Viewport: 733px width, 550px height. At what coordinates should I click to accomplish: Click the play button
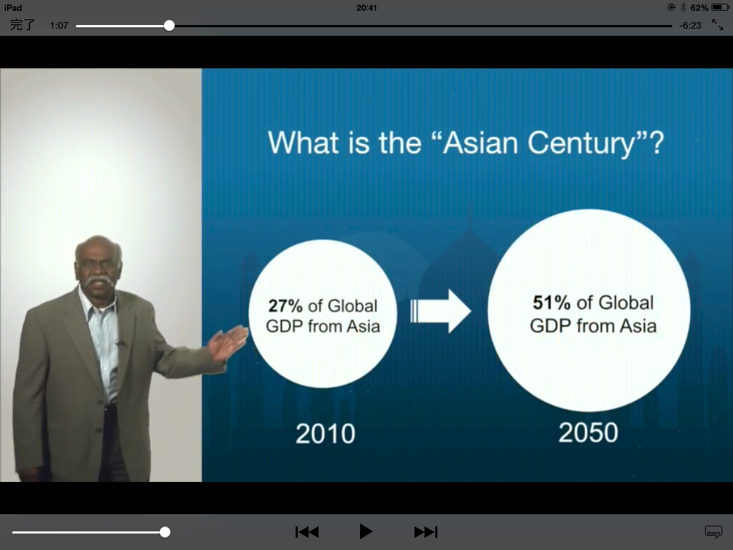coord(366,532)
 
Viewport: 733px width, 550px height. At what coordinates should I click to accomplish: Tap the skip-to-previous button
coord(307,532)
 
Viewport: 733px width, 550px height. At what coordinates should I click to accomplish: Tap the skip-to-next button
coord(426,532)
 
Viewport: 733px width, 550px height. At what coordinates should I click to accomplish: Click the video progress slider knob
coord(169,26)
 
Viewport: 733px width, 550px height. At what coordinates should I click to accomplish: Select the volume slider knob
coord(165,532)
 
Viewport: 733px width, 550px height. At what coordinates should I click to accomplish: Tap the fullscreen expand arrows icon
coord(717,25)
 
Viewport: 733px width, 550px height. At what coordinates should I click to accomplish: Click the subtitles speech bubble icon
coord(714,532)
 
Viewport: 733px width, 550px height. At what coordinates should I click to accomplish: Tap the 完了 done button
coord(22,25)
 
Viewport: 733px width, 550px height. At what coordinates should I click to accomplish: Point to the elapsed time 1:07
coord(59,26)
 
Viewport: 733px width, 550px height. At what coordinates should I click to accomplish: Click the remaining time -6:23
coord(690,26)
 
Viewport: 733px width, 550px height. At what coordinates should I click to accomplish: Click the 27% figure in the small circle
coord(285,306)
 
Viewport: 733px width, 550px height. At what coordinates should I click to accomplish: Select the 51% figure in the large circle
coord(552,303)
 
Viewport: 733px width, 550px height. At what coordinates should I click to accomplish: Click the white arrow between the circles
coord(440,311)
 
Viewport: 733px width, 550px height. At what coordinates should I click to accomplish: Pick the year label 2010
coord(326,433)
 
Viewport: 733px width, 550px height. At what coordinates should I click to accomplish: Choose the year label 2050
coord(588,433)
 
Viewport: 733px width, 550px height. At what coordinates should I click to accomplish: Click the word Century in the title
coord(581,143)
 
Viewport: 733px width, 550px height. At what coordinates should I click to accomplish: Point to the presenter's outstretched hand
coord(228,343)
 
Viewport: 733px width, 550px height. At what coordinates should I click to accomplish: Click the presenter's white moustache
coord(99,281)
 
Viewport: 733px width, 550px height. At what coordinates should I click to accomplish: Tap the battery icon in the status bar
coord(720,7)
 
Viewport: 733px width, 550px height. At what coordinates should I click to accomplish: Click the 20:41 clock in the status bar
coord(366,7)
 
